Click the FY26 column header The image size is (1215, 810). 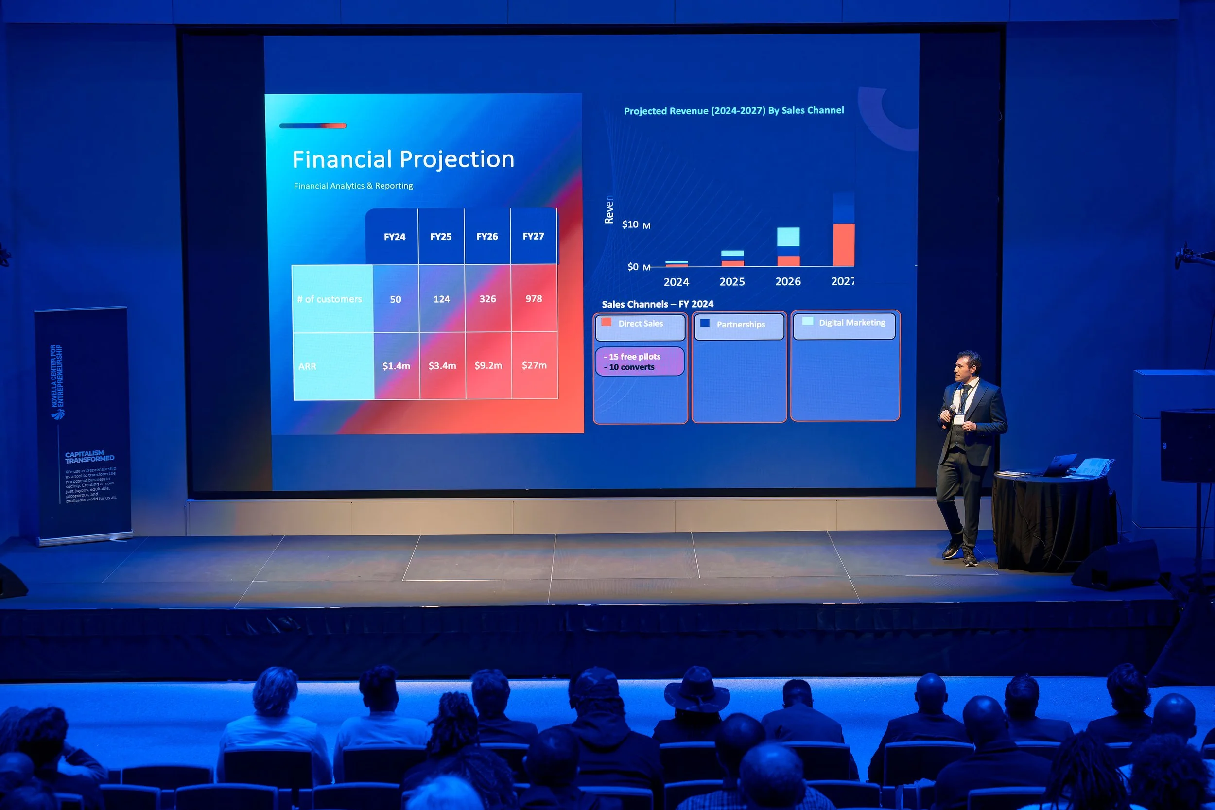(x=486, y=237)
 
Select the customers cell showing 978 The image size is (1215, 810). (x=534, y=298)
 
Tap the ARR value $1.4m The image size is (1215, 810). (x=396, y=366)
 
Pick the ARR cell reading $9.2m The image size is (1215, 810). (x=488, y=365)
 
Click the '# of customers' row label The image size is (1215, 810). (x=330, y=299)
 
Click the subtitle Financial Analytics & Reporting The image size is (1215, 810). (x=353, y=186)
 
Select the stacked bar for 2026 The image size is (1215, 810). (x=788, y=247)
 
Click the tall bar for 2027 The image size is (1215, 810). (x=844, y=230)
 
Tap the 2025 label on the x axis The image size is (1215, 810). (x=732, y=281)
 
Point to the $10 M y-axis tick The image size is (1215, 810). (x=635, y=224)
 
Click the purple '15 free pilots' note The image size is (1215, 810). (x=639, y=362)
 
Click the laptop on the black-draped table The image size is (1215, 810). (x=1060, y=465)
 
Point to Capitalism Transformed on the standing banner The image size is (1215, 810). (x=89, y=456)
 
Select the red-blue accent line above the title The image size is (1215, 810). (x=312, y=125)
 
